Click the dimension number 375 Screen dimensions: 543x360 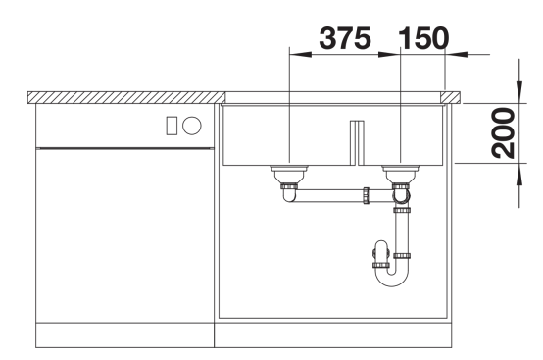(x=345, y=38)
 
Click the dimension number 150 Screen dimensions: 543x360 (x=423, y=38)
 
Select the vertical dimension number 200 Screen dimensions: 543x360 (x=503, y=133)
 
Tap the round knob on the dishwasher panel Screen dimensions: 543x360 (x=192, y=126)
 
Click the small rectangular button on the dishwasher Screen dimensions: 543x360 (x=172, y=126)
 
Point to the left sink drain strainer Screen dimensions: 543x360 (x=289, y=174)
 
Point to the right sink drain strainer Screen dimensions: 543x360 (x=401, y=174)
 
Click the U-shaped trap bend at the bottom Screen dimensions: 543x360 (x=392, y=282)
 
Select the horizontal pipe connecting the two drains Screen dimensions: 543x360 (x=329, y=195)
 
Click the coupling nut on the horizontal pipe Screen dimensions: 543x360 (x=366, y=195)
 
